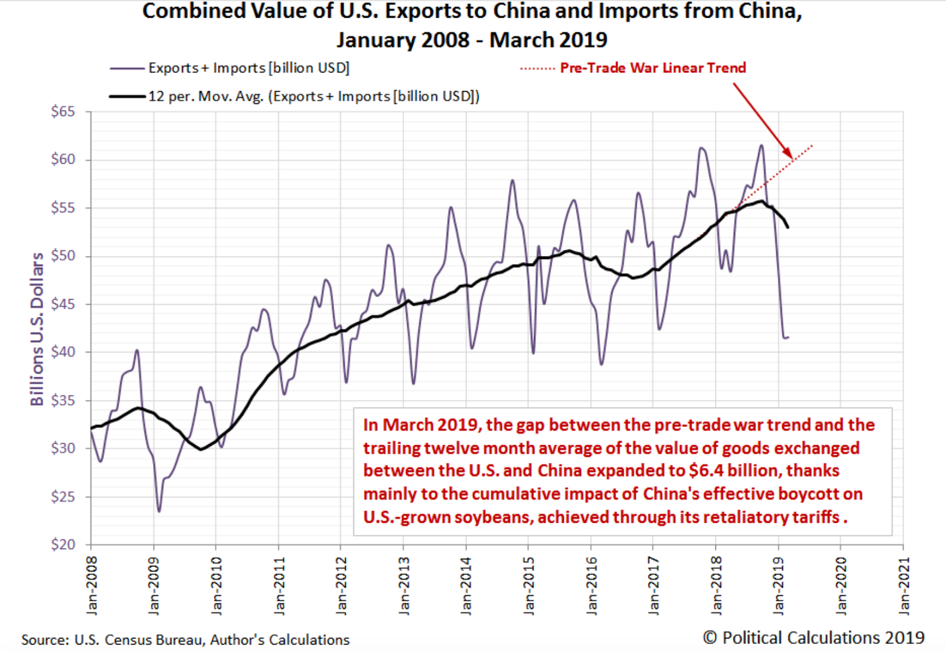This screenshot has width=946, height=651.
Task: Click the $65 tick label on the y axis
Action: pyautogui.click(x=63, y=112)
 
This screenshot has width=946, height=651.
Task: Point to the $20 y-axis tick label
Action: pyautogui.click(x=63, y=545)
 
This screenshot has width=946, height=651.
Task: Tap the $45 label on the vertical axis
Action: pyautogui.click(x=63, y=305)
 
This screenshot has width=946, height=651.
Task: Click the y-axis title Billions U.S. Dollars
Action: pyautogui.click(x=37, y=329)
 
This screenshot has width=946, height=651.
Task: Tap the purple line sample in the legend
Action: pyautogui.click(x=127, y=69)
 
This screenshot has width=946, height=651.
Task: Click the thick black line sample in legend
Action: pyautogui.click(x=127, y=96)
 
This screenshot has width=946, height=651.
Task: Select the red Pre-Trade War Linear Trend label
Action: pyautogui.click(x=653, y=68)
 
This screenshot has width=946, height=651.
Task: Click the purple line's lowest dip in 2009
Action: pyautogui.click(x=158, y=511)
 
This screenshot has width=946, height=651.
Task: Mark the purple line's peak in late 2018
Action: pyautogui.click(x=762, y=145)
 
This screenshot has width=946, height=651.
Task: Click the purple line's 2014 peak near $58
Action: pyautogui.click(x=512, y=180)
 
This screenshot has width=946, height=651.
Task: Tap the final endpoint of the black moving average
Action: pyautogui.click(x=788, y=227)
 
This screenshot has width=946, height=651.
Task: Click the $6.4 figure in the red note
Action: pyautogui.click(x=706, y=471)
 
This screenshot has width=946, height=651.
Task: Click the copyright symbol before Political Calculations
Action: pyautogui.click(x=710, y=637)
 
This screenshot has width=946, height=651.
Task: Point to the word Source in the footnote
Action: pyautogui.click(x=44, y=640)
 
